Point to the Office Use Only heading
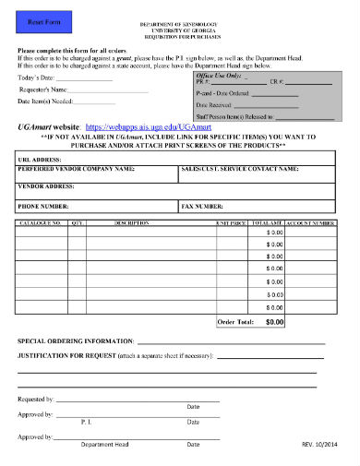pyautogui.click(x=218, y=75)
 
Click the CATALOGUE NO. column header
pyautogui.click(x=40, y=223)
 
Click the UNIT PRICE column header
pyautogui.click(x=230, y=223)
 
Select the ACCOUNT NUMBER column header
pyautogui.click(x=311, y=223)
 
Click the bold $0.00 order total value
pyautogui.click(x=275, y=322)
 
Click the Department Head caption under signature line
pyautogui.click(x=104, y=444)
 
